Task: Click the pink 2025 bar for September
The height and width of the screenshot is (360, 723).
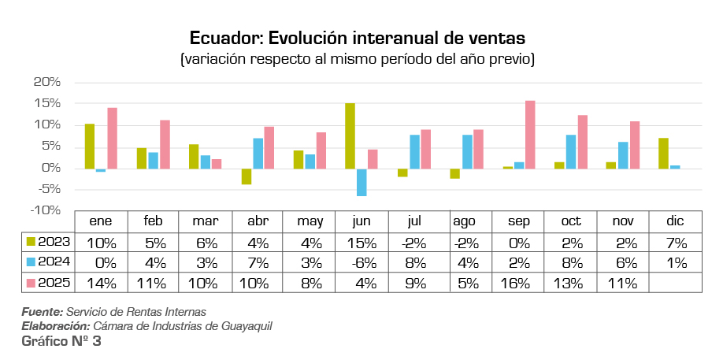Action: (530, 135)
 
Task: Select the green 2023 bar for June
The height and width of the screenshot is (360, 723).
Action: (350, 136)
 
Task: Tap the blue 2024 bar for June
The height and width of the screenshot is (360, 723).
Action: (361, 182)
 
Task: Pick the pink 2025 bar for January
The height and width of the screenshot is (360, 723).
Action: (112, 138)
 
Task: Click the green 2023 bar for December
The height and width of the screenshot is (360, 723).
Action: (663, 153)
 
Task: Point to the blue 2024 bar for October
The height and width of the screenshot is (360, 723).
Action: (571, 151)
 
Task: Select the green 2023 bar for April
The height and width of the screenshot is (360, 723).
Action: (246, 176)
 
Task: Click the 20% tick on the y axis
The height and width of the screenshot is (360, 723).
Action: (47, 82)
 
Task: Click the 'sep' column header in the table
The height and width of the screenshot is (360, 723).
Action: (518, 221)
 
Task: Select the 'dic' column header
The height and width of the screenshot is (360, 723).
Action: (675, 221)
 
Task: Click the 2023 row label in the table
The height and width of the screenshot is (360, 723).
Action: (54, 242)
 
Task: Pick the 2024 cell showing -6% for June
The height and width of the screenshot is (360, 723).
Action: (361, 262)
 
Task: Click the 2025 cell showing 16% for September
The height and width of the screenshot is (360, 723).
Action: (518, 283)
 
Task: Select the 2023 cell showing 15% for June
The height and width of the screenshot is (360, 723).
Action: (361, 242)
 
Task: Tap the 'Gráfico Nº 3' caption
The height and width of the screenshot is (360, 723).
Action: (61, 342)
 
